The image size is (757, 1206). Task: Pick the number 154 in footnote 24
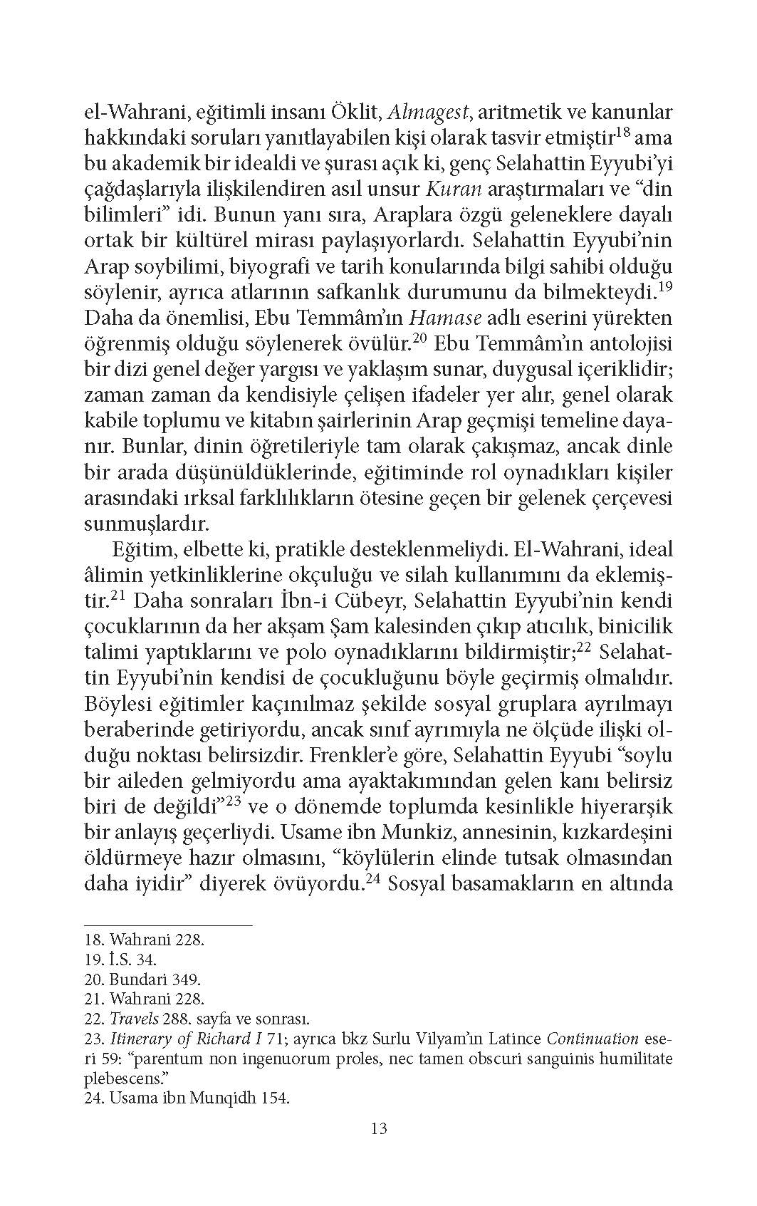point(273,1098)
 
